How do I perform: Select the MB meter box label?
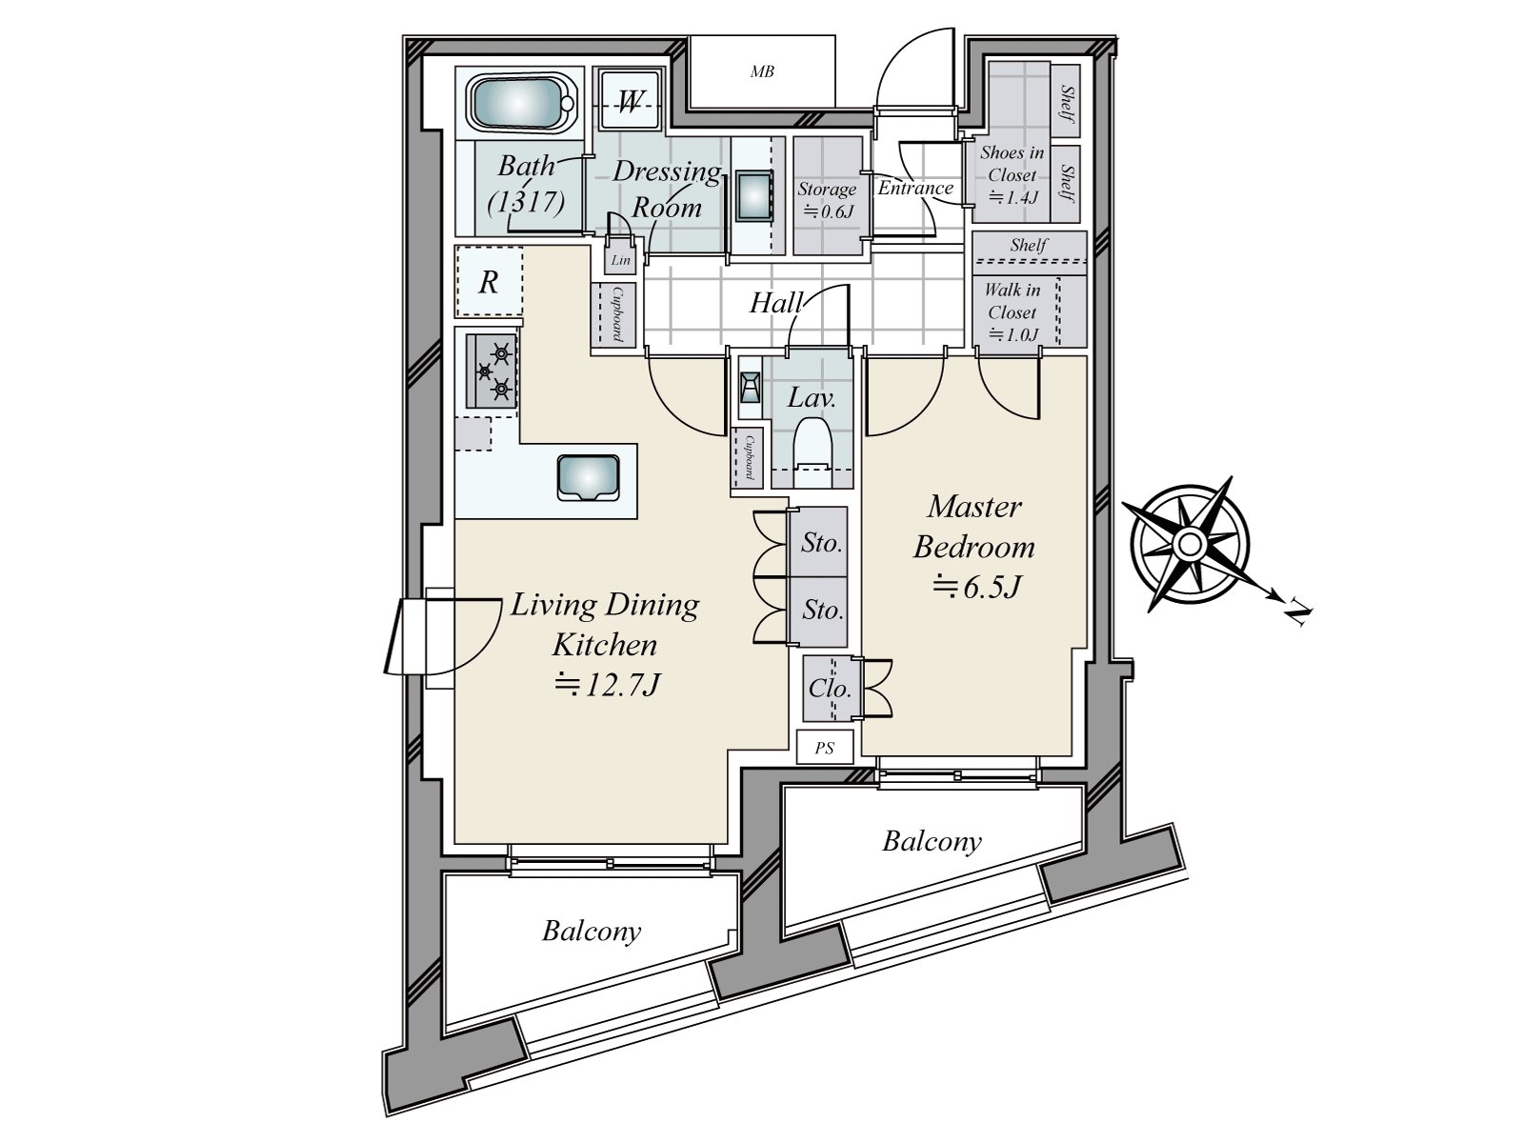click(x=762, y=71)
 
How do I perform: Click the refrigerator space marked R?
click(x=489, y=282)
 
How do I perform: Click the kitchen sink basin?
click(x=588, y=477)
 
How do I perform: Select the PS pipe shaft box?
click(x=825, y=748)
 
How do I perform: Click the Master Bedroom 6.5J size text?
click(x=977, y=587)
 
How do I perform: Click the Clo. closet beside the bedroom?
click(x=831, y=689)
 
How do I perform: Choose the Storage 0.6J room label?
click(x=826, y=199)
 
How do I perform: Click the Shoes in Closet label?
click(x=1013, y=163)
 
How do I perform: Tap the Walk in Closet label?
click(x=1013, y=300)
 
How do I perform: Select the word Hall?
click(x=775, y=303)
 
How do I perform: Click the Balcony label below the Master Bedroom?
click(x=932, y=842)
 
